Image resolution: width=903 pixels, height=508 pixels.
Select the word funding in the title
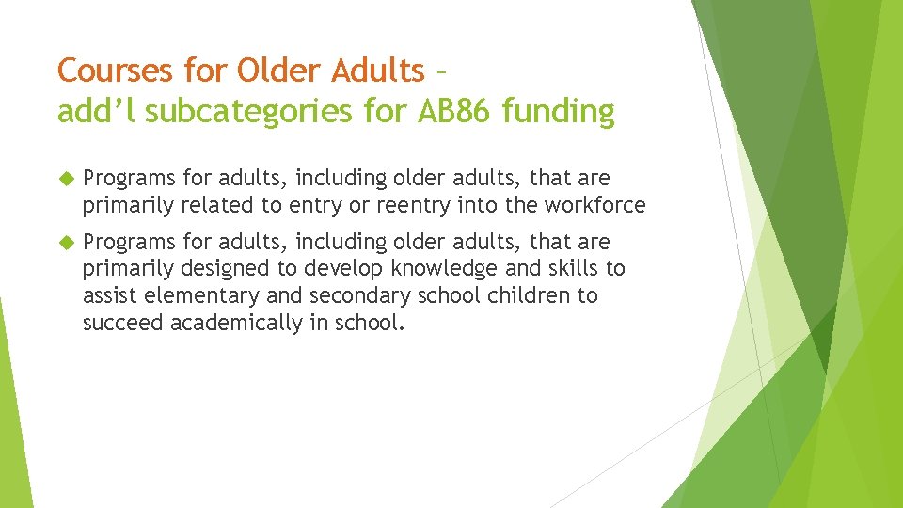pos(559,112)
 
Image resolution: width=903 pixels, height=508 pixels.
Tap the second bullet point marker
pos(65,243)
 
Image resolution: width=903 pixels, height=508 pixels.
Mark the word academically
pos(242,323)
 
